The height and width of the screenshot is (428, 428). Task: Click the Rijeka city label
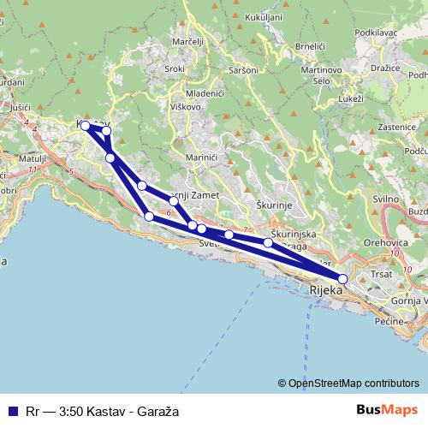[x=325, y=291]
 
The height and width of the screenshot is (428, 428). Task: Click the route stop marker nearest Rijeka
[x=342, y=278]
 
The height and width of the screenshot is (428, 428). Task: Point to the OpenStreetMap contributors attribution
[x=354, y=383]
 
